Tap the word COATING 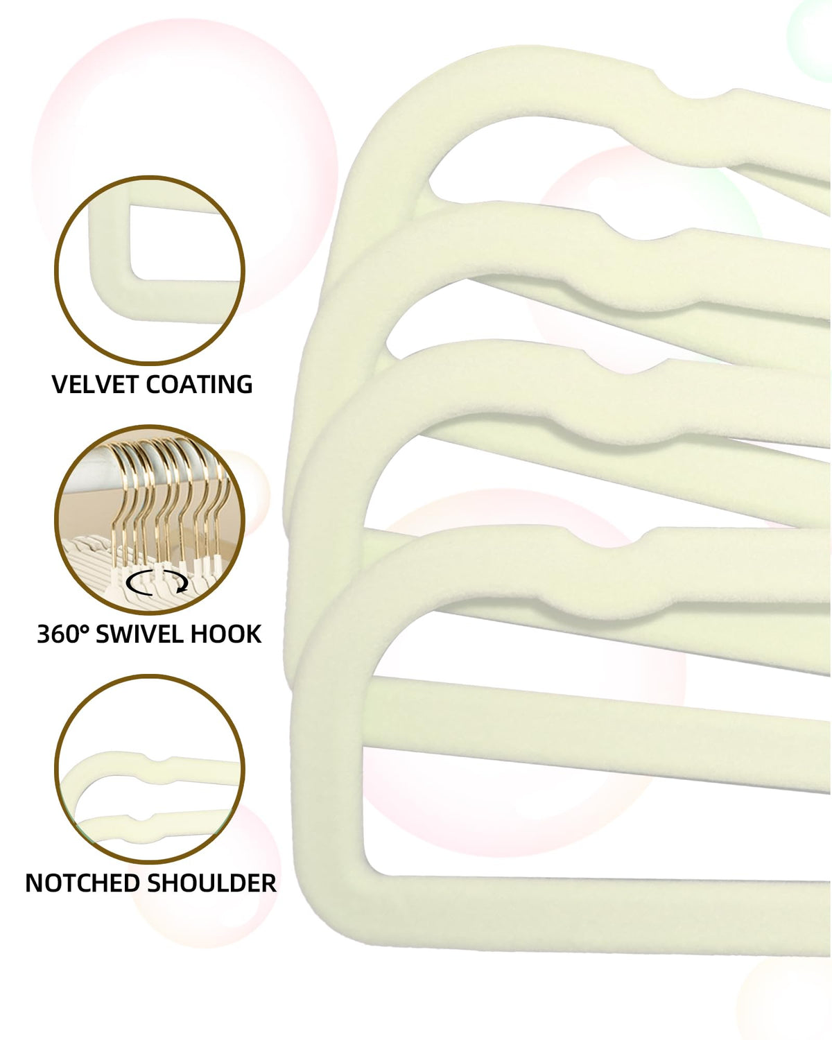click(x=199, y=385)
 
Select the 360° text click(x=62, y=634)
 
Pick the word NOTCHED click(x=83, y=883)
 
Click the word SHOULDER click(x=211, y=883)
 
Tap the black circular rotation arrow click(x=157, y=582)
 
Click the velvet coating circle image click(x=150, y=270)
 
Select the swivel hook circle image click(x=150, y=519)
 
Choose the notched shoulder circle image click(x=150, y=769)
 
